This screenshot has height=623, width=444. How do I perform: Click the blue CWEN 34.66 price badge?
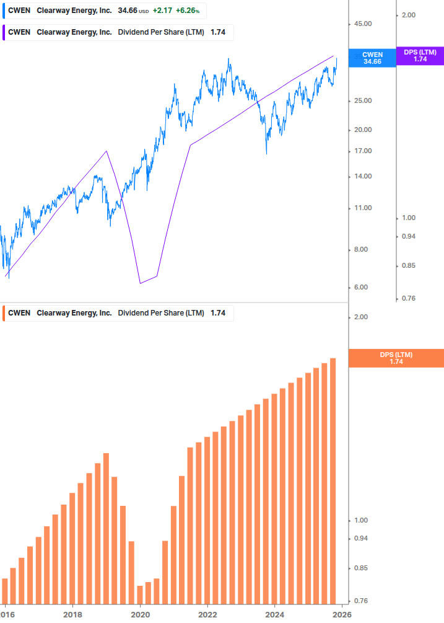pos(372,58)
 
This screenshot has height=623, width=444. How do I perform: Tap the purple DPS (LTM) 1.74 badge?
pos(420,56)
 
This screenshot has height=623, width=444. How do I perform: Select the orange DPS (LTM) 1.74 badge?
pos(396,358)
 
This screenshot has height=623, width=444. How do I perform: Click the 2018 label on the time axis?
pos(73,614)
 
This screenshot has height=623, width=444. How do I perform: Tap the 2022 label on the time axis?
pos(207,614)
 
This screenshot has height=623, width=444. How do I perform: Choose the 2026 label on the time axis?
pos(342,614)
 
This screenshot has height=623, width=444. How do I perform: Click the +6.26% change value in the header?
pos(188,11)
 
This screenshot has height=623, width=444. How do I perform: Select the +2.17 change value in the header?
pos(162,11)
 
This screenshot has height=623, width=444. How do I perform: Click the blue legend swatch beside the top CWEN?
pos(4,11)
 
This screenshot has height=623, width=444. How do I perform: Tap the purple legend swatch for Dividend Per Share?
pos(4,32)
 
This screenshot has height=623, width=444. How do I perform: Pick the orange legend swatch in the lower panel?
pos(4,313)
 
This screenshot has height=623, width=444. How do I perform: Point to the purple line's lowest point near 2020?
pos(140,283)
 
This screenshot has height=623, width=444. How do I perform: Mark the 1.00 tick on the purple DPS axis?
pos(410,218)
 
